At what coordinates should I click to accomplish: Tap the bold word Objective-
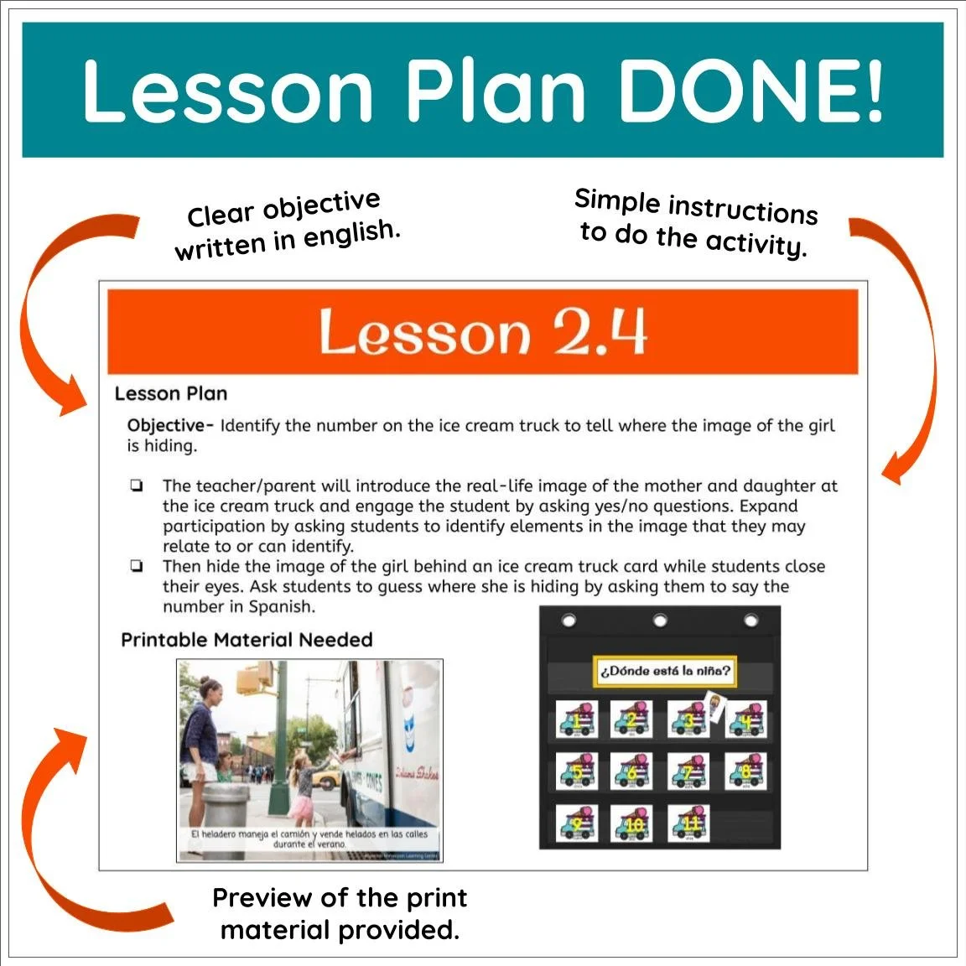pos(170,425)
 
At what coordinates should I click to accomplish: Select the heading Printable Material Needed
pos(247,640)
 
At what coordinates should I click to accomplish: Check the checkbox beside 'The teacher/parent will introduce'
pos(136,486)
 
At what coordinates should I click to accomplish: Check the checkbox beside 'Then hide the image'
pos(136,566)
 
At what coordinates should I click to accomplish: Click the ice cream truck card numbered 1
pos(577,719)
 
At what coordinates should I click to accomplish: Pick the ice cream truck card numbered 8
pos(745,771)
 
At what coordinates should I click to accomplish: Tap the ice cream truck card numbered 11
pos(689,823)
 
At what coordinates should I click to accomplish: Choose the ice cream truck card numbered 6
pos(633,771)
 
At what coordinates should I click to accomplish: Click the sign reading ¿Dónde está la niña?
pos(665,671)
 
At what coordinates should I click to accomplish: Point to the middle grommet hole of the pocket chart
pos(660,621)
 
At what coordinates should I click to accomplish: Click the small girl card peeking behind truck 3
pos(714,704)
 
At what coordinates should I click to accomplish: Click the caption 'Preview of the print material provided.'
pos(340,913)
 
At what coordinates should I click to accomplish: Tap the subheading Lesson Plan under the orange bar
pos(171,393)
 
